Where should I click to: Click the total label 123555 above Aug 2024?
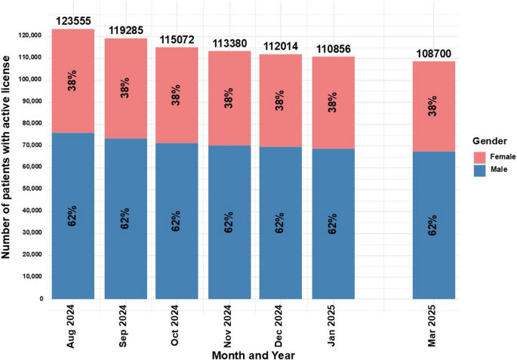click(72, 22)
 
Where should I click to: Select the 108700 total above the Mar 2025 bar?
click(434, 54)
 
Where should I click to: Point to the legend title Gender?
click(489, 141)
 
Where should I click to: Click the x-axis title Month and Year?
click(252, 353)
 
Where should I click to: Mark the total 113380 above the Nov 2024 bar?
click(228, 44)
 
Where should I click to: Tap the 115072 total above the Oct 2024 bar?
click(176, 39)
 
